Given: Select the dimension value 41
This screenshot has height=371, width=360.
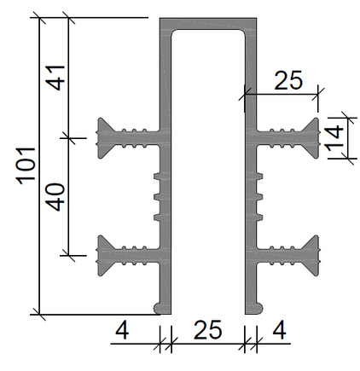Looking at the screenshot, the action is click(x=56, y=78).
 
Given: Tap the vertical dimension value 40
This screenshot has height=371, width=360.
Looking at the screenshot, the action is click(x=56, y=197).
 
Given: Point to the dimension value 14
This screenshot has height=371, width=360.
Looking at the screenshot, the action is click(x=334, y=138).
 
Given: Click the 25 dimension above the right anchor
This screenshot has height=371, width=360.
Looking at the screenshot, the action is click(x=288, y=80).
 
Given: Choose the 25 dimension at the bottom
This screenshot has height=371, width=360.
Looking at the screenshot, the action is click(x=207, y=330).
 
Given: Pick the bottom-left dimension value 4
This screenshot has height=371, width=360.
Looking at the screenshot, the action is click(x=122, y=330).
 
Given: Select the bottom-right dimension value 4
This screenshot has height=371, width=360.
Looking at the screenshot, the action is click(x=279, y=330).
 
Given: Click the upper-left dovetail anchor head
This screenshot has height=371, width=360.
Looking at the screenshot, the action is click(x=104, y=138).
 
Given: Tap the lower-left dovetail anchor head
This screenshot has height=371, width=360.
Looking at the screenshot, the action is click(x=104, y=255).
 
